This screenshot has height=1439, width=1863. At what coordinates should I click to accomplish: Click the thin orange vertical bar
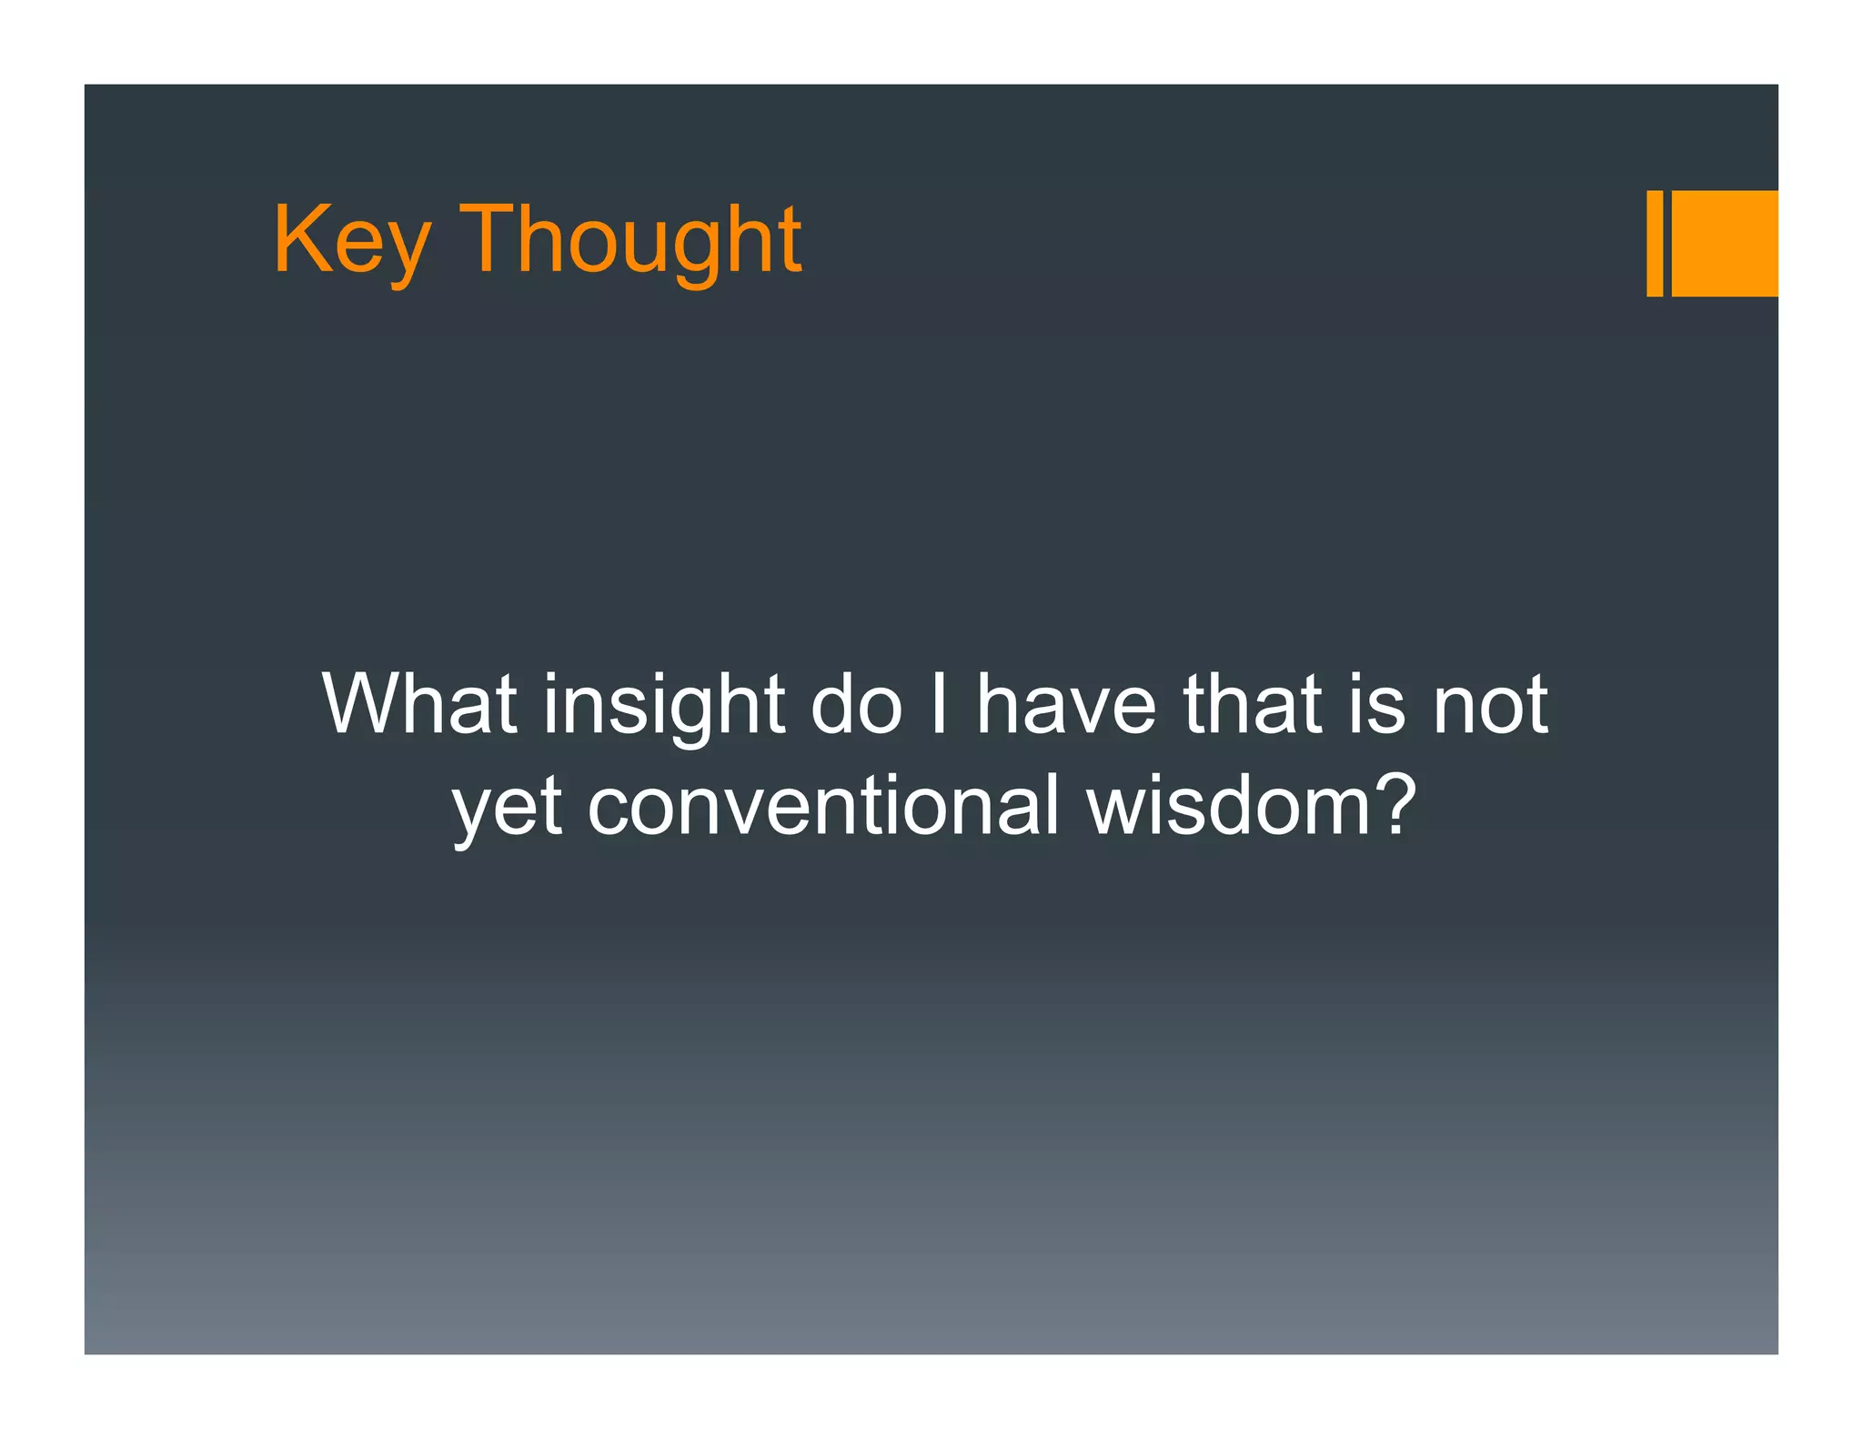tap(1655, 243)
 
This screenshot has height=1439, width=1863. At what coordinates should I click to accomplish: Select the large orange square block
tap(1725, 243)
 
